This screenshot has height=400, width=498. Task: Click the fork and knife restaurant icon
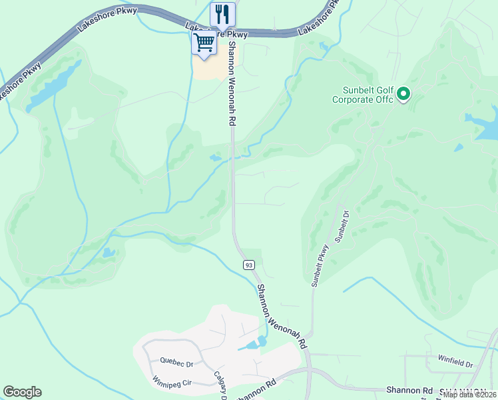pos(222,13)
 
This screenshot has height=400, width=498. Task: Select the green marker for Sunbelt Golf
pos(403,95)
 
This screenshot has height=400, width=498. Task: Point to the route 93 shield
pos(248,265)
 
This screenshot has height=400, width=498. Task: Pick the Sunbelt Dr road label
pos(342,227)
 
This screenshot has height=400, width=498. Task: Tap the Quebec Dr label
pos(176,362)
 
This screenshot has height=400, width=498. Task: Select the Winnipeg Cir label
pos(172,383)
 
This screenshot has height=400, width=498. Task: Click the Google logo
pos(22,392)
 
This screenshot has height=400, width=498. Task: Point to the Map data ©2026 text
pos(470,395)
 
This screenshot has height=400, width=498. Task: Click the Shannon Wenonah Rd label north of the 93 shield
pos(232,84)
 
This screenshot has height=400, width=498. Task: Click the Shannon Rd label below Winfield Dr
pos(409,390)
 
